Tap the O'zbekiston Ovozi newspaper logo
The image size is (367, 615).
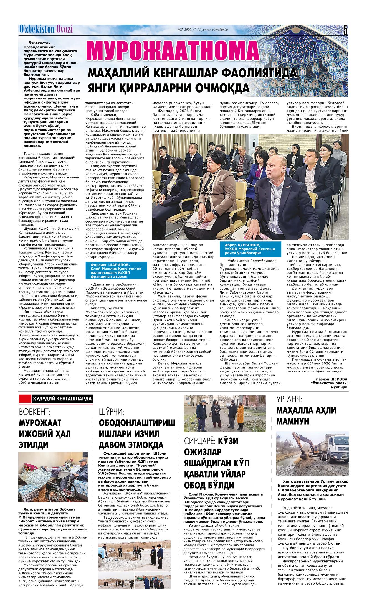coord(46,29)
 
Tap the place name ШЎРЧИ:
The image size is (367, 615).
coord(111,411)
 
